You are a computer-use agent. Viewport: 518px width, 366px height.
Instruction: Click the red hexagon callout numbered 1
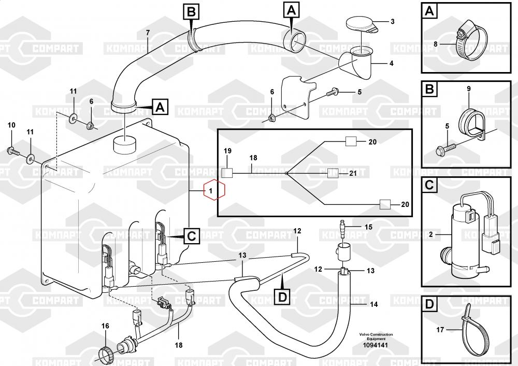point(214,191)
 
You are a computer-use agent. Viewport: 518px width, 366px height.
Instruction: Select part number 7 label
point(148,33)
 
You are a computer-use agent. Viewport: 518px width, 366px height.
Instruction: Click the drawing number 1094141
point(376,345)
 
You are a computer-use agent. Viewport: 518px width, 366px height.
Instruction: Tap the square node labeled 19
point(227,173)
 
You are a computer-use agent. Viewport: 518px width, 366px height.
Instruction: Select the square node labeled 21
point(333,173)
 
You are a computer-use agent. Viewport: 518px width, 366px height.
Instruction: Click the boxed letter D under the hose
point(282,297)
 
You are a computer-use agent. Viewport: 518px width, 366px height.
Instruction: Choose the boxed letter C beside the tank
point(191,236)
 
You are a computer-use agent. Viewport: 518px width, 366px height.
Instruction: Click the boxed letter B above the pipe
point(191,11)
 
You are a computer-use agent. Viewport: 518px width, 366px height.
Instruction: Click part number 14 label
point(373,304)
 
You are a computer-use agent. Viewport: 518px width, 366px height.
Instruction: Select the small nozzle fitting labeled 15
point(341,227)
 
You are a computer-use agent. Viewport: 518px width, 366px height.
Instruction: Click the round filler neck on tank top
point(125,142)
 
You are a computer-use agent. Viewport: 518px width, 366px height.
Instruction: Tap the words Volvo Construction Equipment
point(376,336)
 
